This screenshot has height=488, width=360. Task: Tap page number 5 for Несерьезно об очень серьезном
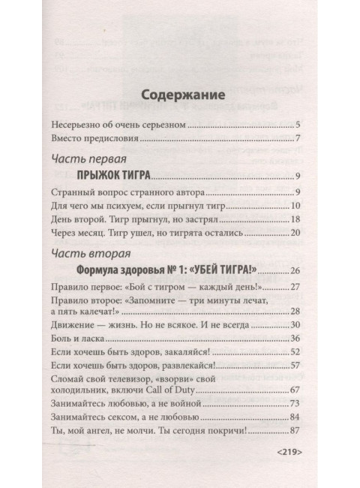(298, 124)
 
